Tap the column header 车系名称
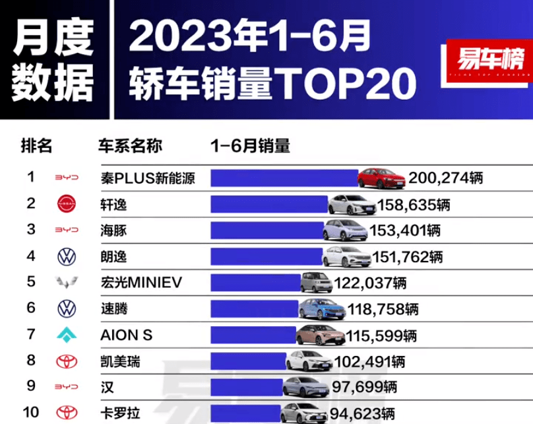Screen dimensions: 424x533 pos(130,147)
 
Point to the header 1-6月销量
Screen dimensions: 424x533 pos(249,147)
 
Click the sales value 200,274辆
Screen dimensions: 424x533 pos(447,178)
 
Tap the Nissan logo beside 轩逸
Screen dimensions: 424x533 pos(67,204)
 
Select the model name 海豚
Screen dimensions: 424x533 pos(113,230)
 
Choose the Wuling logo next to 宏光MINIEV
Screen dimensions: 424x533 pos(67,283)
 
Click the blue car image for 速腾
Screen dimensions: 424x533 pos(320,308)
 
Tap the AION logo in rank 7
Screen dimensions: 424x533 pos(67,335)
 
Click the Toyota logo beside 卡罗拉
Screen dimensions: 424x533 pos(67,413)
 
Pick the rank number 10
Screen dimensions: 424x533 pos(31,413)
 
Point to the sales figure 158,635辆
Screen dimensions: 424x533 pos(414,205)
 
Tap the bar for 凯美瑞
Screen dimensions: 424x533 pos(247,361)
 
